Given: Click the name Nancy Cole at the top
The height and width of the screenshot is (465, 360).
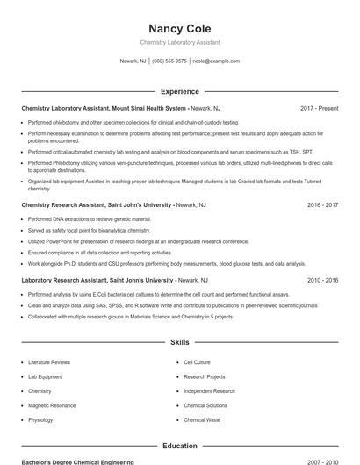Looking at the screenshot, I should click(x=179, y=28).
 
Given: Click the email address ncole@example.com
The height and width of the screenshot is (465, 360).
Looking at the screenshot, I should click(x=216, y=61).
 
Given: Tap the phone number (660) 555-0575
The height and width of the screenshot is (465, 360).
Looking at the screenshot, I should click(x=169, y=61).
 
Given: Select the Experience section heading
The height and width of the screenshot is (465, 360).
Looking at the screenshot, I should click(x=179, y=91).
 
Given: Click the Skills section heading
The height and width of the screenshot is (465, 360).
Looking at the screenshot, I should click(x=179, y=343).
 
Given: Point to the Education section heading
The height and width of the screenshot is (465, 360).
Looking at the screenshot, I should click(x=179, y=447).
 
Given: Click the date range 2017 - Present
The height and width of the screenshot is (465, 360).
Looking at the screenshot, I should click(x=319, y=108).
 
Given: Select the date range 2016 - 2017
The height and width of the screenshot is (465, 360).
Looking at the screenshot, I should click(x=322, y=204).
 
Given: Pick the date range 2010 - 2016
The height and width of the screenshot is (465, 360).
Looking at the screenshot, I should click(x=322, y=280).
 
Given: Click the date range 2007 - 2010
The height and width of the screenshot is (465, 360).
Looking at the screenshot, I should click(x=322, y=461).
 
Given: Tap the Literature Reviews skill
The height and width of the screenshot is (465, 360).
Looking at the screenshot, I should click(x=49, y=362).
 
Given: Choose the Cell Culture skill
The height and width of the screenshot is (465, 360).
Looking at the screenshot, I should click(x=197, y=362).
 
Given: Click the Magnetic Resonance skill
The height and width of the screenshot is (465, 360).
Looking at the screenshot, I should click(x=52, y=406).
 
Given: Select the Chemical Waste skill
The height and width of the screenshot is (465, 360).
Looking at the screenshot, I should click(x=201, y=420).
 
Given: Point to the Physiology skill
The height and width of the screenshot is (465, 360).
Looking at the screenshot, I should click(x=40, y=420).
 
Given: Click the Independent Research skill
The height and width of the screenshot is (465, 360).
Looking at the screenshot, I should click(x=209, y=391).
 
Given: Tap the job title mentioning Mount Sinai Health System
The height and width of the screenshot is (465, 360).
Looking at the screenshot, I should click(x=104, y=108).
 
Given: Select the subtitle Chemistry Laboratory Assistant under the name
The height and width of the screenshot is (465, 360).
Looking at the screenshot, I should click(x=179, y=42).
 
